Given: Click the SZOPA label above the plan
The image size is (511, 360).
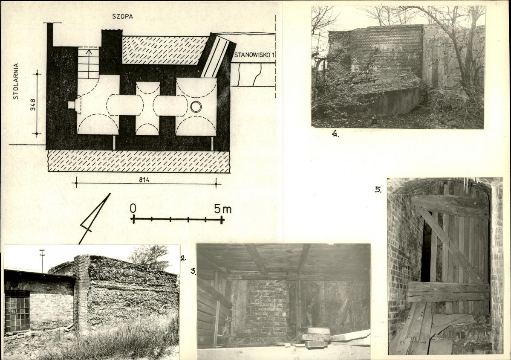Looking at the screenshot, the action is click(x=122, y=16).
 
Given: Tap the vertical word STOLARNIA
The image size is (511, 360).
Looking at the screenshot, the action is click(x=16, y=81).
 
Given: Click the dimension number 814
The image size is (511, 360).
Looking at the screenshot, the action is click(x=144, y=180).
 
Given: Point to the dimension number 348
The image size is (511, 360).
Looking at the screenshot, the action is click(x=32, y=105).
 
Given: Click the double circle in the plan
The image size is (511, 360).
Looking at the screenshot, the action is click(x=196, y=107).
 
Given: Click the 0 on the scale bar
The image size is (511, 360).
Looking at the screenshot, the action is click(x=132, y=208).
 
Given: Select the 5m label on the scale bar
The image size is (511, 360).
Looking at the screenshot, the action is click(x=223, y=209).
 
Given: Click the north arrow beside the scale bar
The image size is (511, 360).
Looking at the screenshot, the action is click(x=95, y=218).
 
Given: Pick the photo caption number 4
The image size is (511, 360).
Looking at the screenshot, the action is click(x=335, y=134).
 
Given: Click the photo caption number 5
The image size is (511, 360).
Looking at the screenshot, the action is click(x=378, y=189).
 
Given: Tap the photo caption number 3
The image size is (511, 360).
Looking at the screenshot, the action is click(x=193, y=271).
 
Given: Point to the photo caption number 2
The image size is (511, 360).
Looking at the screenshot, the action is click(x=183, y=258).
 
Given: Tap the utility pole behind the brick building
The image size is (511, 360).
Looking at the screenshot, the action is click(x=42, y=261).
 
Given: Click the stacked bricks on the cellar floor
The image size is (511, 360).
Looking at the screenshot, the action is click(x=316, y=337).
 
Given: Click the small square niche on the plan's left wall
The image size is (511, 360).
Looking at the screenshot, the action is click(x=71, y=105).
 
